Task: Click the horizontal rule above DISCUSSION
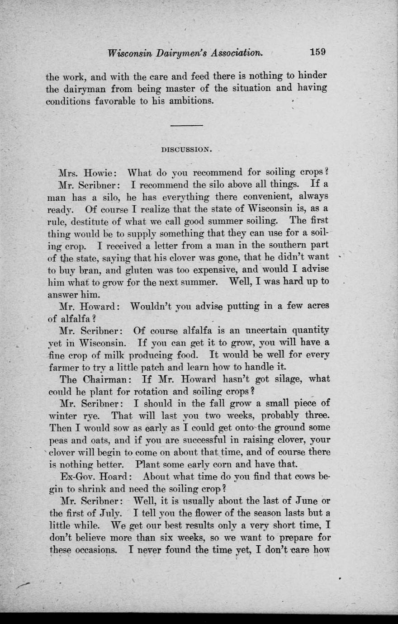click(187, 125)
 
